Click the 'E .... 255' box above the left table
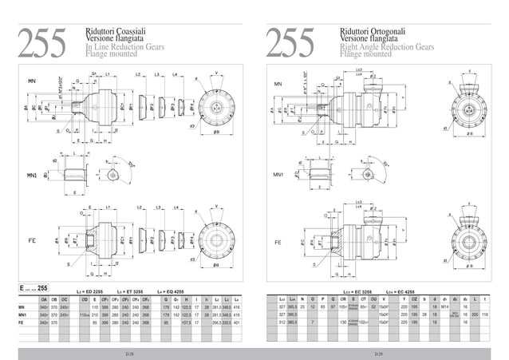pos(33,287)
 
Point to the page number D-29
pos(380,352)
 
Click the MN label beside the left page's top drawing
pos(32,81)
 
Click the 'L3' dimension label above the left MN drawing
pos(158,73)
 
